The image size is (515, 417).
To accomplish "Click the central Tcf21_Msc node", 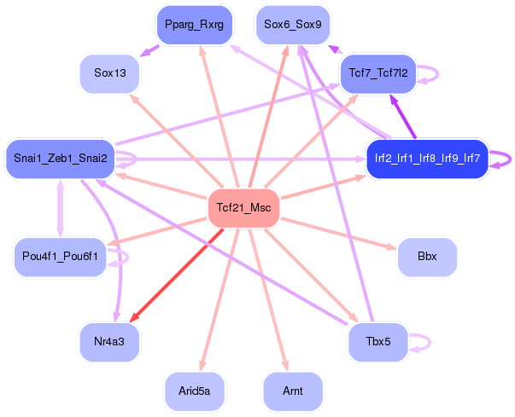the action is [x=243, y=208].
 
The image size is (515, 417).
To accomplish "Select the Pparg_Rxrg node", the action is [x=195, y=25].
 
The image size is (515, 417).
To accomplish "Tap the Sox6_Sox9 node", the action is [x=293, y=25].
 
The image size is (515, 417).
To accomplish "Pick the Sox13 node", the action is [x=109, y=73].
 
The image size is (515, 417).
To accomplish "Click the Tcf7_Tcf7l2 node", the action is [x=378, y=73].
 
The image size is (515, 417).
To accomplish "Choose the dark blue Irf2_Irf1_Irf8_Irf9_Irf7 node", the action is [x=427, y=159].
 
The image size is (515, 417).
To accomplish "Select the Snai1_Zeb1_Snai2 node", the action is [x=61, y=159].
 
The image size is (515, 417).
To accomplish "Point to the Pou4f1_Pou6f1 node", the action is [x=60, y=257].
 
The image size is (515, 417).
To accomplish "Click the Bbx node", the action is [x=427, y=257].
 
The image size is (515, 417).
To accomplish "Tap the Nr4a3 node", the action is [x=109, y=342].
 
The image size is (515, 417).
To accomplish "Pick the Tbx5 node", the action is [x=378, y=342].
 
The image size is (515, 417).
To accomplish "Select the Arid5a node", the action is [x=195, y=391].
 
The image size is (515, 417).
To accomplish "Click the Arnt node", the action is [x=293, y=391].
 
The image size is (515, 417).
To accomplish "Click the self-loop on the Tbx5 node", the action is [x=430, y=342].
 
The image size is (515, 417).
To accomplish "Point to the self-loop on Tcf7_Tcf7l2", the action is [x=437, y=73].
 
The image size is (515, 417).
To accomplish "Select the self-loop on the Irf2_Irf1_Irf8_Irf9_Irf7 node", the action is [x=510, y=159].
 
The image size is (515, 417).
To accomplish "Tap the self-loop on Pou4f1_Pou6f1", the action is [x=127, y=258].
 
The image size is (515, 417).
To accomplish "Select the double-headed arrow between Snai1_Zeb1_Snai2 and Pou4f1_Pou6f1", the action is [x=61, y=208].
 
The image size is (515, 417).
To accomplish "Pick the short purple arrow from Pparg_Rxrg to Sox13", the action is [x=149, y=51].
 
